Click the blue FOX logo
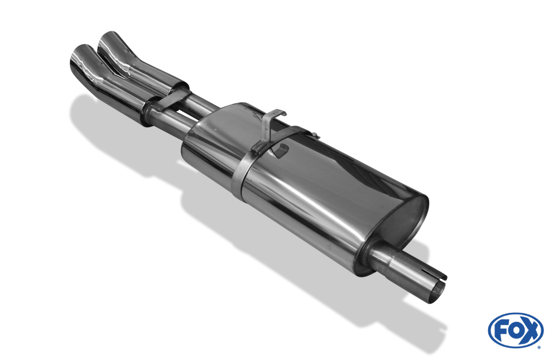(x=515, y=330)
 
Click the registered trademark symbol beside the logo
(x=538, y=347)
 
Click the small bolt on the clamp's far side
(x=315, y=135)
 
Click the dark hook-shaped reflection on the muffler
(x=282, y=150)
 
